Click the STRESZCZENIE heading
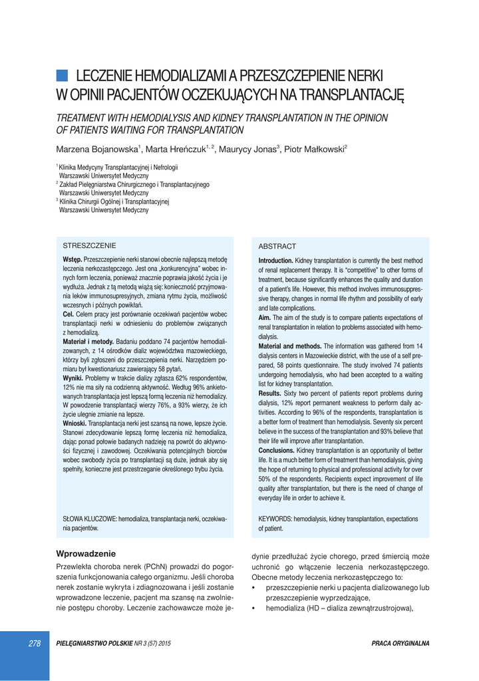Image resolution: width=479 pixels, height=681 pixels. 89,245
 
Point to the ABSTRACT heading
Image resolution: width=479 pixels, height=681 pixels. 277,246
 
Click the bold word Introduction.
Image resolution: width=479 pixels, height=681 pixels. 276,261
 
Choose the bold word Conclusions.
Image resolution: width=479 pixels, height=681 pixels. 278,451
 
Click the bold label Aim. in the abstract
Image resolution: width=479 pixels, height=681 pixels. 265,319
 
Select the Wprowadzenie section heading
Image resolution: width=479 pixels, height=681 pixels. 86,553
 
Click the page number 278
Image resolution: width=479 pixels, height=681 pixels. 35,643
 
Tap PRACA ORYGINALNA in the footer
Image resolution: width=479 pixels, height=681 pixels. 400,643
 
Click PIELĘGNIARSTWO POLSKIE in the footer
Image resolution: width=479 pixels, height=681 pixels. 94,643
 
